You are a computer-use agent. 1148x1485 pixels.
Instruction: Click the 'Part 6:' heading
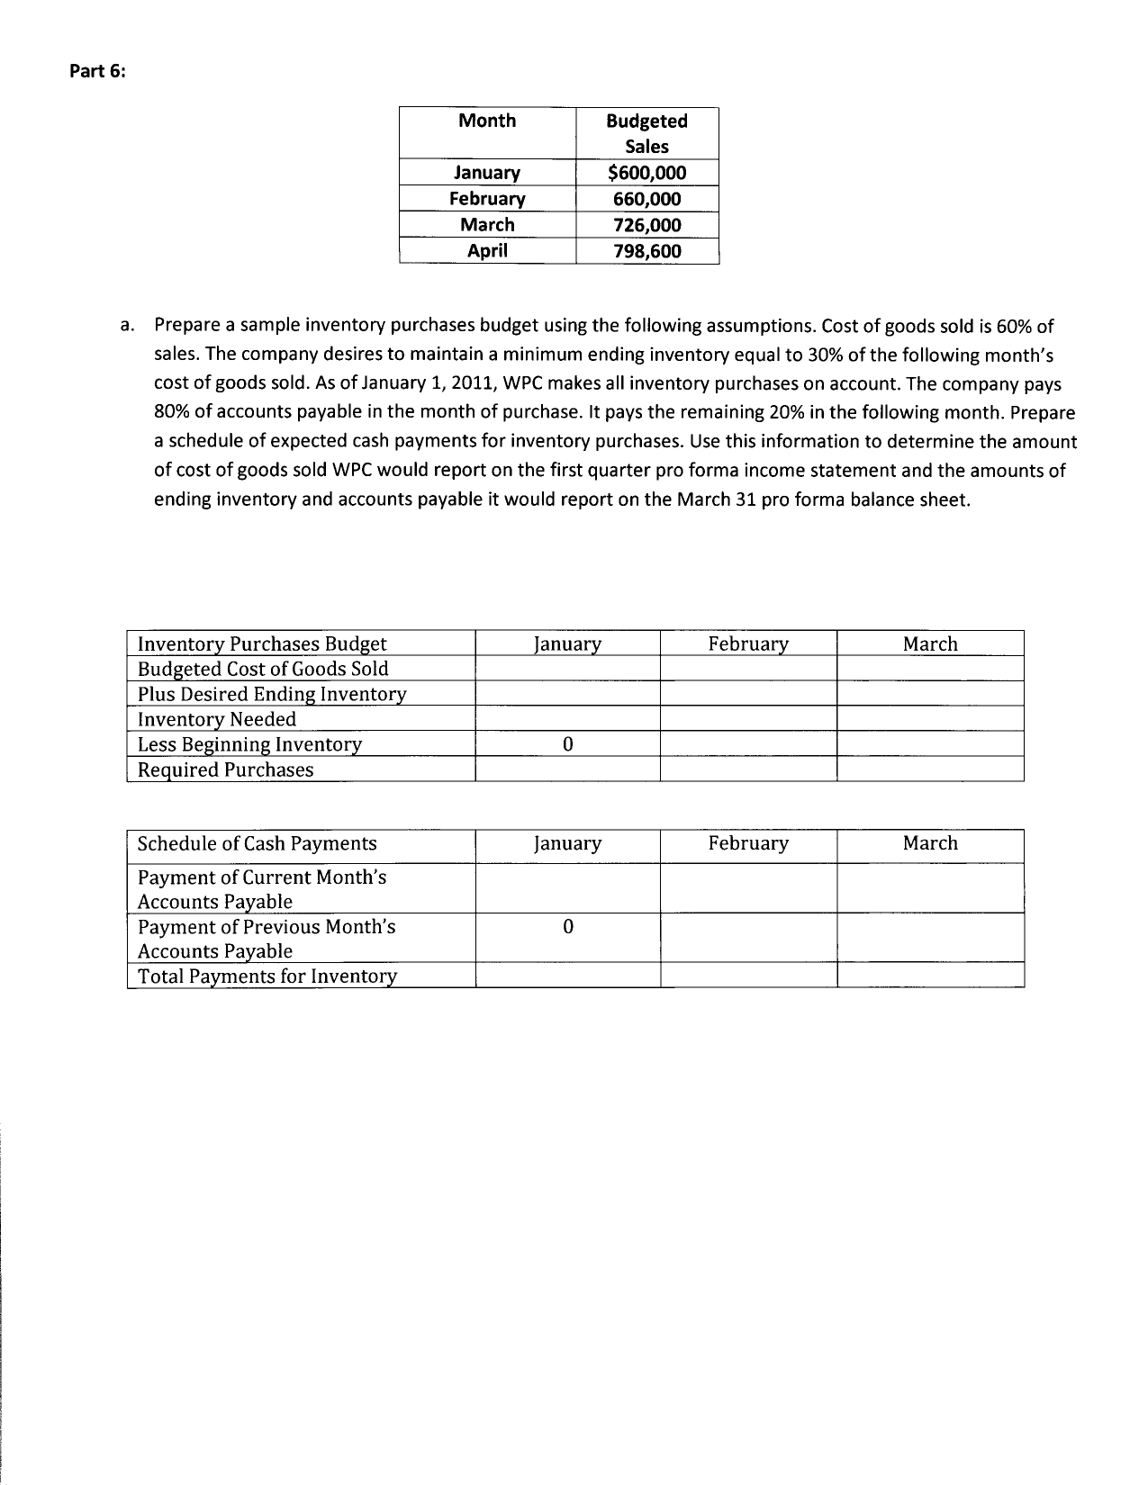(98, 73)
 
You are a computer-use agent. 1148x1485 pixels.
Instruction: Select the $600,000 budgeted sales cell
(646, 173)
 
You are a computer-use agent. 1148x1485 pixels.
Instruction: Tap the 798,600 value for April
(646, 251)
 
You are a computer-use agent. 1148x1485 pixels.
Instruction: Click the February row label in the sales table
(487, 199)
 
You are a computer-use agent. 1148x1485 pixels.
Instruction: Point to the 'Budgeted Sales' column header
(646, 133)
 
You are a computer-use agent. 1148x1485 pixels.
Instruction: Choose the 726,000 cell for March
(646, 225)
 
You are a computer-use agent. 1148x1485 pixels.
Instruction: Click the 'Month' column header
(487, 121)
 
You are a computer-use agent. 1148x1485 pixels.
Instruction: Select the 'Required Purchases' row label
(225, 769)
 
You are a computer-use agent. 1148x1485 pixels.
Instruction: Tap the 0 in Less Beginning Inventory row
(566, 744)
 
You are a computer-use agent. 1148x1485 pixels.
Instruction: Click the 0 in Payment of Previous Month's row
(566, 927)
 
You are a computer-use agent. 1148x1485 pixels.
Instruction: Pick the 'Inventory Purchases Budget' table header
(262, 643)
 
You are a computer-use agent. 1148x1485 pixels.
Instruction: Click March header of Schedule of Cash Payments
(930, 843)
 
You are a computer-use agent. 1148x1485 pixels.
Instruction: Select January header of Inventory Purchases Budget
(566, 643)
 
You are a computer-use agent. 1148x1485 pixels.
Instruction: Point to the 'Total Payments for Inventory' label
(267, 976)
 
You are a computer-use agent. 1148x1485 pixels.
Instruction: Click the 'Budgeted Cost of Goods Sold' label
(263, 669)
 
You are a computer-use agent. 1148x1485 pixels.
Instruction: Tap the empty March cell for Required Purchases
(930, 769)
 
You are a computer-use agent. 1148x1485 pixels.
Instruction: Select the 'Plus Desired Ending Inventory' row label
(272, 694)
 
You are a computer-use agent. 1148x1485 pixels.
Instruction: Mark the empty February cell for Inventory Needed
(747, 719)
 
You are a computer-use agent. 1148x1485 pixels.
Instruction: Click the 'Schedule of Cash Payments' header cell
(257, 843)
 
